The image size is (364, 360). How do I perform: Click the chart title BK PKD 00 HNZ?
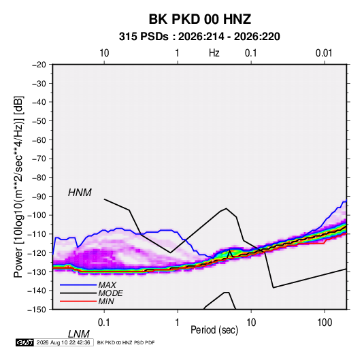(x=199, y=19)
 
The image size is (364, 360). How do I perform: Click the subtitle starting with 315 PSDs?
(x=199, y=37)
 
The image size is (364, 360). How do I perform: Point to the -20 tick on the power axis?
(x=39, y=65)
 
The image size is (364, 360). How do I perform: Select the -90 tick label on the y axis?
(x=39, y=197)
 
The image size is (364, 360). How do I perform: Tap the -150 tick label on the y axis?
(x=37, y=310)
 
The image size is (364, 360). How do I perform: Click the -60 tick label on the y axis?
(x=39, y=140)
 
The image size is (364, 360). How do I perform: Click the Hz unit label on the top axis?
(x=214, y=53)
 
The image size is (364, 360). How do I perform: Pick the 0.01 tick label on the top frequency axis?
(x=324, y=53)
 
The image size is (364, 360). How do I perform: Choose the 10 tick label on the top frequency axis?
(x=104, y=53)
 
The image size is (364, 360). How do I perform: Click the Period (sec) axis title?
(x=214, y=330)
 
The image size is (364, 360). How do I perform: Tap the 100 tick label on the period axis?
(x=325, y=323)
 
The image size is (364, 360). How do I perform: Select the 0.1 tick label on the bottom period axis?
(x=104, y=323)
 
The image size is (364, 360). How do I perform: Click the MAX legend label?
(x=107, y=285)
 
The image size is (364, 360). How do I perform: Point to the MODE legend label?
(x=110, y=293)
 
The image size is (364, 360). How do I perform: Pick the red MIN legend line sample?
(x=78, y=301)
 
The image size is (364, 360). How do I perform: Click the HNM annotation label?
(x=80, y=193)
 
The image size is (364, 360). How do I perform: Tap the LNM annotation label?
(x=79, y=334)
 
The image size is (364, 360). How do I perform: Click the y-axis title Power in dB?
(x=18, y=186)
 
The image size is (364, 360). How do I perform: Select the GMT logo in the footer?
(x=24, y=342)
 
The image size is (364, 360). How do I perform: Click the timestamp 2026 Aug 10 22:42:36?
(x=63, y=342)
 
